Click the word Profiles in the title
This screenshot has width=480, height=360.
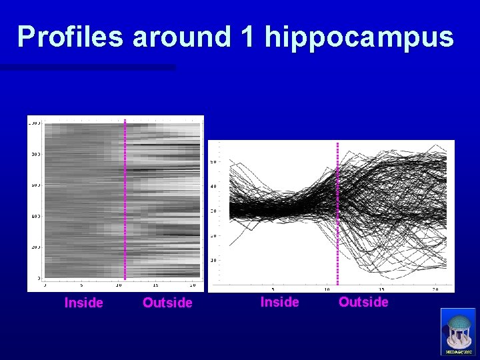coord(71,37)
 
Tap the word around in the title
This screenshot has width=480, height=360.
coord(181,37)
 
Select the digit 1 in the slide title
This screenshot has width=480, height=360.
coord(247,37)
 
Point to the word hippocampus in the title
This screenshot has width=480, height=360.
coord(359,38)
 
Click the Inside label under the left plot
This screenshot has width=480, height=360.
coord(83,303)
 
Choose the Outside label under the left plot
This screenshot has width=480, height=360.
coord(167,303)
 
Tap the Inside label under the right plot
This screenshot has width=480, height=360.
coord(279,302)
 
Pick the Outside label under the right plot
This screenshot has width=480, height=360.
coord(363,302)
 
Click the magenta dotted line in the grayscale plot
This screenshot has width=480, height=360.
coord(125,200)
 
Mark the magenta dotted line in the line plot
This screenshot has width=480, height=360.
coord(338,213)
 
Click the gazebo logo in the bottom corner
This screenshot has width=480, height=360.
coord(458,331)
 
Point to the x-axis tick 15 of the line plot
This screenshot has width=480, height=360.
coord(381,289)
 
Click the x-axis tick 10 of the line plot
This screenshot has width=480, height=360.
coord(327,289)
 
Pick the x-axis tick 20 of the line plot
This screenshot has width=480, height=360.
coord(435,289)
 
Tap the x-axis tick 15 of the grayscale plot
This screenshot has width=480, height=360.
coord(155,285)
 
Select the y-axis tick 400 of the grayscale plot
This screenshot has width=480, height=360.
coord(34,216)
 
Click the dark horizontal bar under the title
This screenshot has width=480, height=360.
coord(87,67)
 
